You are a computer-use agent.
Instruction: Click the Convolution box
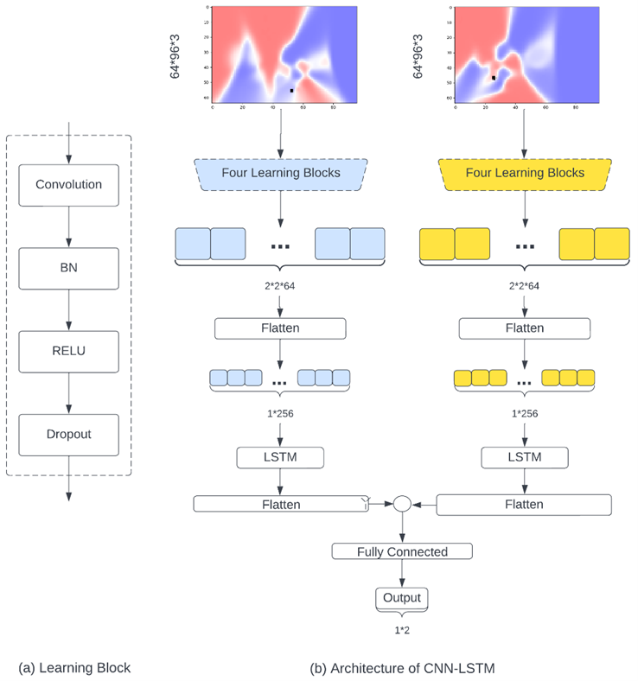tap(68, 184)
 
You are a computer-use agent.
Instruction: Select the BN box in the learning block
tap(68, 268)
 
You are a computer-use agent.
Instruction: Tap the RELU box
tap(68, 350)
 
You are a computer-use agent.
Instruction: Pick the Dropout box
tap(68, 435)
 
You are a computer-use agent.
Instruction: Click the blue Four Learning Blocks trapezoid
tap(281, 173)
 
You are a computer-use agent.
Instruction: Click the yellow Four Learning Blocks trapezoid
tap(525, 173)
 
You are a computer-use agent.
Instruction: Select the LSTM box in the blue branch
tap(281, 456)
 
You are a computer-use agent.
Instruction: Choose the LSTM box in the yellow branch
tap(525, 456)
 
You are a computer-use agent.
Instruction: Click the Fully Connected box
tap(402, 551)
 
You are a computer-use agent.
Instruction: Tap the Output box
tap(402, 598)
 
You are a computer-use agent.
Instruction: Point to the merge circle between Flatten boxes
tap(402, 504)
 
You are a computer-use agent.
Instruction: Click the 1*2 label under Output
tap(402, 630)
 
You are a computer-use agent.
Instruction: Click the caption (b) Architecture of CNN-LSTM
tap(402, 667)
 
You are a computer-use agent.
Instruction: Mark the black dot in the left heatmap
tap(292, 90)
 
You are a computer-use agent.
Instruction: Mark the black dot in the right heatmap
tap(494, 78)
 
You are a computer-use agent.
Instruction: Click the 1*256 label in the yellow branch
tap(525, 413)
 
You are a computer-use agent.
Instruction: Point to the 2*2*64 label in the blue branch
tap(281, 285)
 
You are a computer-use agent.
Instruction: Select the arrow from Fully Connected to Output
tap(402, 574)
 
